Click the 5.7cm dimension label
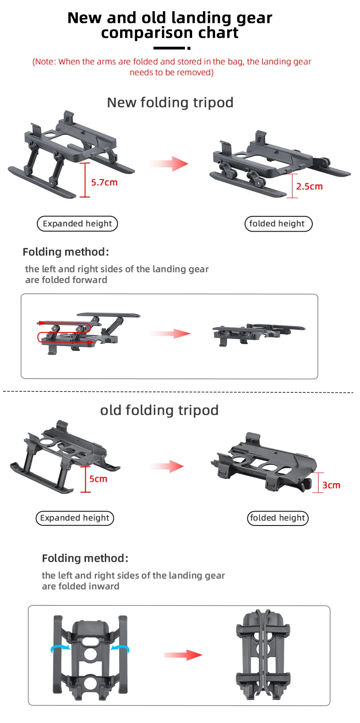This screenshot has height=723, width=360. tap(104, 182)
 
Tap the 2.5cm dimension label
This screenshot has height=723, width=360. tap(309, 186)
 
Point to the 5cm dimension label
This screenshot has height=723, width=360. tap(98, 479)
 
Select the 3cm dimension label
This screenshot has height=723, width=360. tap(331, 485)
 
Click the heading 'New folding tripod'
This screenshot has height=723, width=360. tap(170, 103)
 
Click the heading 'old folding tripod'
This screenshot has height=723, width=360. tap(159, 410)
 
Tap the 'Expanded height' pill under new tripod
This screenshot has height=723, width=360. tap(77, 224)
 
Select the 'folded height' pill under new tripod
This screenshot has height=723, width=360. tap(278, 224)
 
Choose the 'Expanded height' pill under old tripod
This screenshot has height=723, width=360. tap(75, 518)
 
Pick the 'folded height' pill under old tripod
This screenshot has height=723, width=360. tap(278, 518)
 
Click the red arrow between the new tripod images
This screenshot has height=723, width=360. tap(170, 164)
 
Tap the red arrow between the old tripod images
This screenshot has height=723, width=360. tap(167, 466)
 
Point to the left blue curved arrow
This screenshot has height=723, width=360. tap(60, 648)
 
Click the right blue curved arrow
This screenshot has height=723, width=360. tap(121, 648)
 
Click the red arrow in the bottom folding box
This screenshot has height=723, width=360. tap(183, 655)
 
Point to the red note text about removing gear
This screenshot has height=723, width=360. tap(171, 67)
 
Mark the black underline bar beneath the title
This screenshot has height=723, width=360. tap(169, 48)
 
